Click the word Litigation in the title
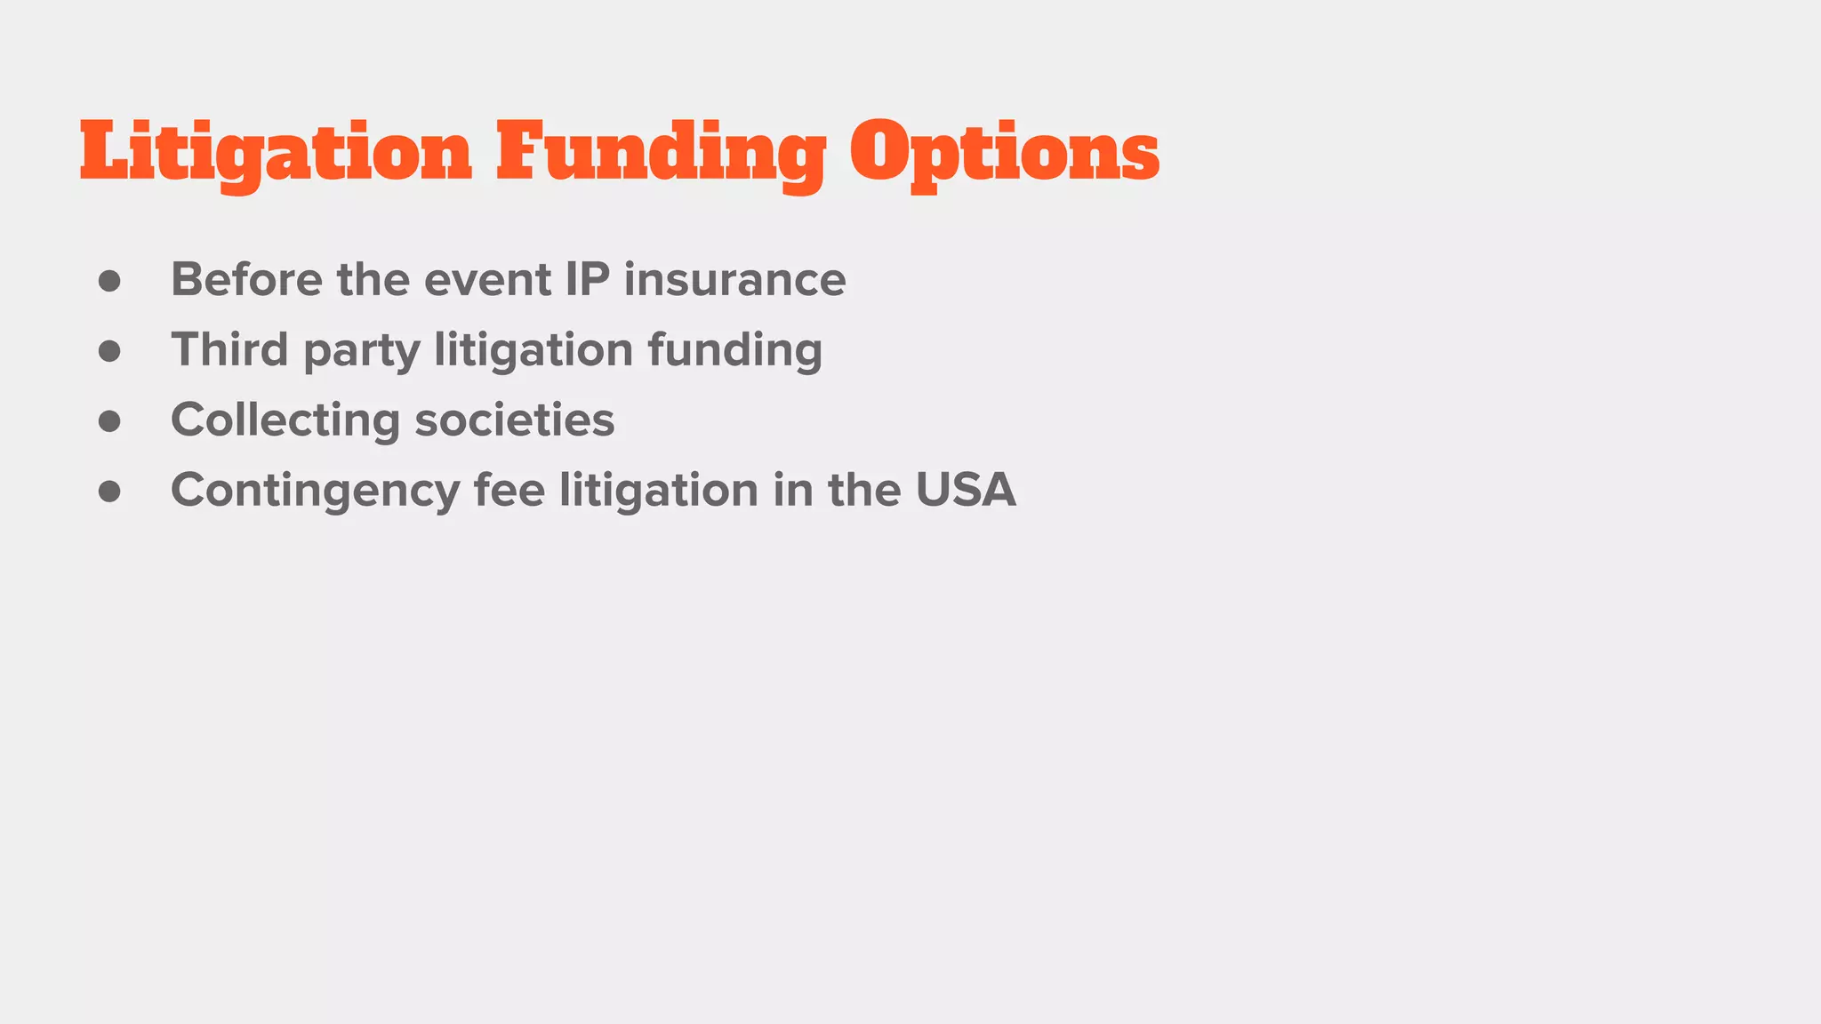click(276, 153)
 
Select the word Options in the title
click(1005, 153)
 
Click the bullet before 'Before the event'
click(109, 282)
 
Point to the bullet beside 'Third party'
click(109, 351)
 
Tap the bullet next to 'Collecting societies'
click(109, 421)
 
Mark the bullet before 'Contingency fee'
click(109, 492)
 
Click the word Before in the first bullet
click(246, 280)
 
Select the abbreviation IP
click(588, 280)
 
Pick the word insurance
click(734, 280)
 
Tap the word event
click(487, 280)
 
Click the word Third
click(229, 349)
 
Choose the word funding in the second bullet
click(734, 349)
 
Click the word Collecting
click(285, 420)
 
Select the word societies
click(515, 420)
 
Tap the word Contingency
click(315, 491)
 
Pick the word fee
click(509, 490)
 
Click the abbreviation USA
click(966, 490)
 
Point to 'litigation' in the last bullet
click(658, 490)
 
